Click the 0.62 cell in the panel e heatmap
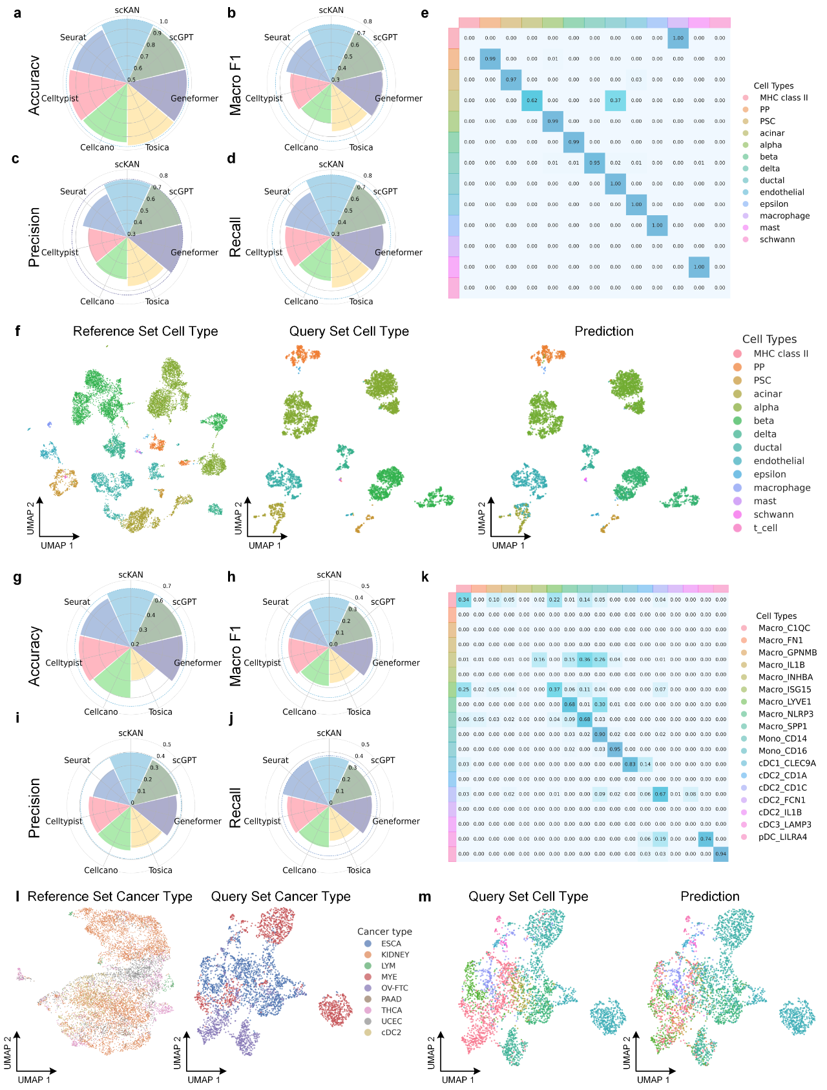532,100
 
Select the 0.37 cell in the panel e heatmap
615,100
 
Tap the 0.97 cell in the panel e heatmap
511,79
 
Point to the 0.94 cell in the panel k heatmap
721,854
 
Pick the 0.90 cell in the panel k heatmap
600,734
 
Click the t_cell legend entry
765,528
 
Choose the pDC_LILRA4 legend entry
782,837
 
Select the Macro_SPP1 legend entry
782,726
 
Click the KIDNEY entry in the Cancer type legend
395,954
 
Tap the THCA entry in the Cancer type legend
392,1010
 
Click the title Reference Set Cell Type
145,331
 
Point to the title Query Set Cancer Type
280,896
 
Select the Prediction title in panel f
604,331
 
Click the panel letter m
424,897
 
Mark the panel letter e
424,13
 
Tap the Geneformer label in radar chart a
194,98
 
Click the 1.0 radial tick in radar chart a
163,21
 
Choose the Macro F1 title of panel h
235,656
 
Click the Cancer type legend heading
384,931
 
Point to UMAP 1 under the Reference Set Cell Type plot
57,545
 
